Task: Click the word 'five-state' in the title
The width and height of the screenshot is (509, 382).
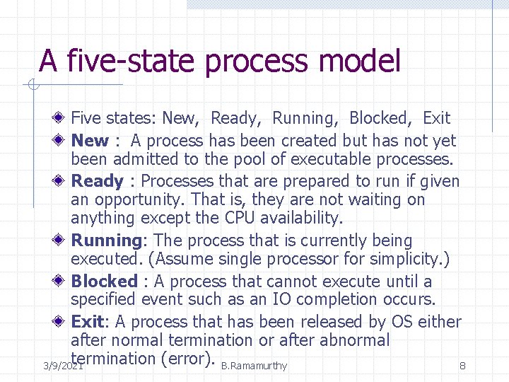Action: tap(131, 61)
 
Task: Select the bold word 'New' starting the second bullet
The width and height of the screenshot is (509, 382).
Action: tap(90, 141)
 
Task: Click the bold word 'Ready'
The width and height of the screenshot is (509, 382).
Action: tap(98, 182)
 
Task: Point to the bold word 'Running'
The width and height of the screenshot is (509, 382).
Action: tap(106, 241)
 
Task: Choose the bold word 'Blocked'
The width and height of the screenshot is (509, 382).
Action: tap(104, 282)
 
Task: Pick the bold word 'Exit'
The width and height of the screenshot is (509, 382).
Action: tap(87, 322)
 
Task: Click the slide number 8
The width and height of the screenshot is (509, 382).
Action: tap(462, 366)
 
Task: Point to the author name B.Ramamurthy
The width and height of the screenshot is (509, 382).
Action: tap(254, 366)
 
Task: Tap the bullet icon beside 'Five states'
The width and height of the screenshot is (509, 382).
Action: tap(62, 118)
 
